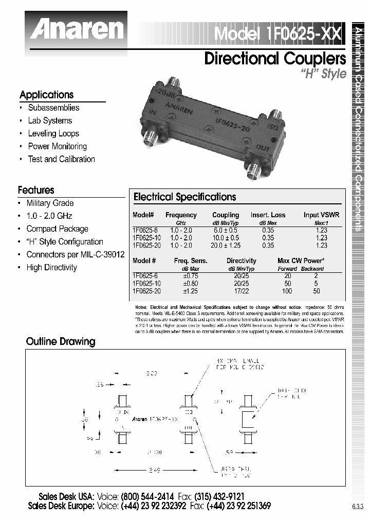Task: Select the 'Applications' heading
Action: coord(46,95)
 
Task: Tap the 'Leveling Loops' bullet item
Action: coord(53,133)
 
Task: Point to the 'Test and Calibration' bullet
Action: coord(61,159)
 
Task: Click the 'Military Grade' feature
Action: coord(50,203)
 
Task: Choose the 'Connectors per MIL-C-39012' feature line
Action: coord(75,254)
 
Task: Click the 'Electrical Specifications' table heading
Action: coord(184,197)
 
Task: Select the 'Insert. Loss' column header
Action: coord(268,215)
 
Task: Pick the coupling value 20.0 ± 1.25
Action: coord(226,246)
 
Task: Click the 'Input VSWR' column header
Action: coord(321,215)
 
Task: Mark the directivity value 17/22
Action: coord(241,291)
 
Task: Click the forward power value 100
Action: coord(287,291)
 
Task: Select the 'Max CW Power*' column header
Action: coord(301,260)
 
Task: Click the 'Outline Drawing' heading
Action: coord(61,341)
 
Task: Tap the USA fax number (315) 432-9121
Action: coord(220,497)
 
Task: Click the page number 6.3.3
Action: coord(357,507)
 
